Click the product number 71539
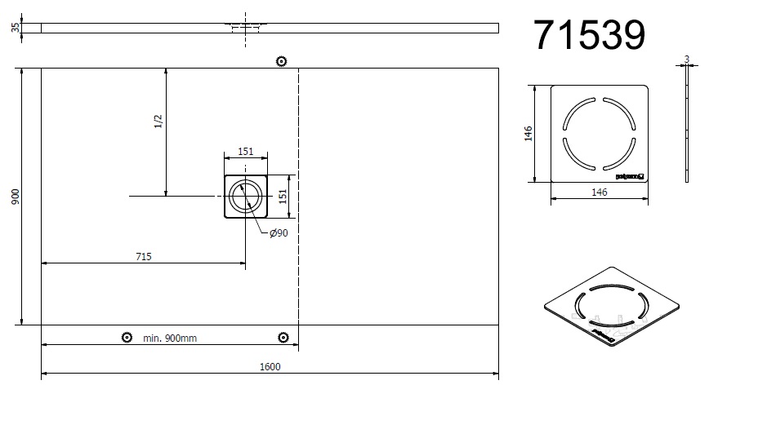pyautogui.click(x=589, y=35)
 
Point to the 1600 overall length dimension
pyautogui.click(x=270, y=367)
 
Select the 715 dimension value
pyautogui.click(x=143, y=256)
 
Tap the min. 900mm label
pyautogui.click(x=170, y=338)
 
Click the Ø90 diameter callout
pyautogui.click(x=279, y=234)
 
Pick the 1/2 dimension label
pyautogui.click(x=158, y=120)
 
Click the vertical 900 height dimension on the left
pyautogui.click(x=15, y=197)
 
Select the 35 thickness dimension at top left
pyautogui.click(x=15, y=28)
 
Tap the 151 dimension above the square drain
pyautogui.click(x=245, y=152)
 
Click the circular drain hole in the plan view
pyautogui.click(x=245, y=197)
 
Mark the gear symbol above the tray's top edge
pyautogui.click(x=282, y=61)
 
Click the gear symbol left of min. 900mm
pyautogui.click(x=127, y=338)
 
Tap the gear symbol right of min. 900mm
pyautogui.click(x=283, y=338)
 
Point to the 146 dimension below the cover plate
pyautogui.click(x=599, y=192)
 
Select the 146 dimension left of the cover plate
pyautogui.click(x=528, y=133)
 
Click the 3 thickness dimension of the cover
pyautogui.click(x=687, y=59)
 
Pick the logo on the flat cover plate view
pyautogui.click(x=630, y=175)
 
